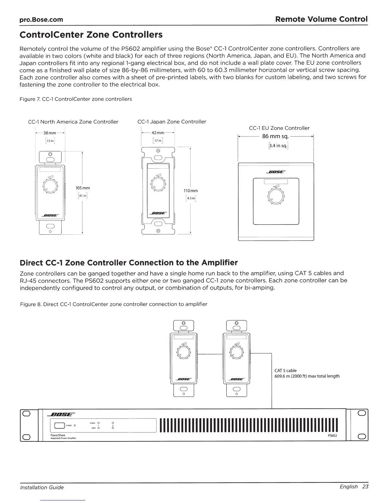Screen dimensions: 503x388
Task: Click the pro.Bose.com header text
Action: click(41, 20)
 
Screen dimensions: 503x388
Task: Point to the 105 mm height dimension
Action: click(83, 188)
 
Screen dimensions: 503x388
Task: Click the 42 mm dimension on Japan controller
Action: click(158, 133)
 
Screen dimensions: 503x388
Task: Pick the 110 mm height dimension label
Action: click(191, 191)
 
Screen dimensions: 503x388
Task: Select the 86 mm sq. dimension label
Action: click(275, 136)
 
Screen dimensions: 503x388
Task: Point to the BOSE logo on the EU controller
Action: click(276, 172)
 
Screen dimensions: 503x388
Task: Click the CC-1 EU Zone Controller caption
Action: click(279, 128)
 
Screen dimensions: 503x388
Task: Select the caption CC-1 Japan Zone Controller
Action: click(171, 122)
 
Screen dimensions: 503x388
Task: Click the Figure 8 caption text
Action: click(113, 304)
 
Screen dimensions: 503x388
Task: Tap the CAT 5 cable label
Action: click(286, 370)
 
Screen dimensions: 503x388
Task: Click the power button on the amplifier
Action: click(59, 425)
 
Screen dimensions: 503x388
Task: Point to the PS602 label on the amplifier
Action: click(332, 435)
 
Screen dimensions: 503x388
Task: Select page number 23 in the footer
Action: click(365, 487)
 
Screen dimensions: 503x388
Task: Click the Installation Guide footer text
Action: click(42, 487)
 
